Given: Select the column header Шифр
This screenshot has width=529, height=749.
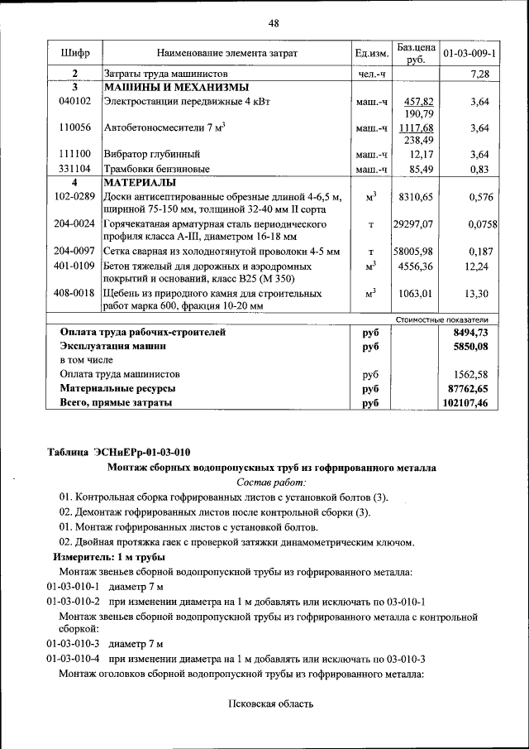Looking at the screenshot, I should [x=74, y=54].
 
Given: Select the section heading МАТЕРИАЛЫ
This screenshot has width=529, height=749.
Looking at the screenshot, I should [x=141, y=182].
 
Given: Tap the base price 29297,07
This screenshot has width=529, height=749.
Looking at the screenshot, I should [x=413, y=224].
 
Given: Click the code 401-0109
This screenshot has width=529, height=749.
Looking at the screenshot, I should [x=74, y=266].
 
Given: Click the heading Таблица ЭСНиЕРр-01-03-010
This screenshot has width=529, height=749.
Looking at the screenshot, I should [x=118, y=451].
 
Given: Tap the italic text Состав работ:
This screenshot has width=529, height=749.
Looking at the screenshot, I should [x=271, y=482].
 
